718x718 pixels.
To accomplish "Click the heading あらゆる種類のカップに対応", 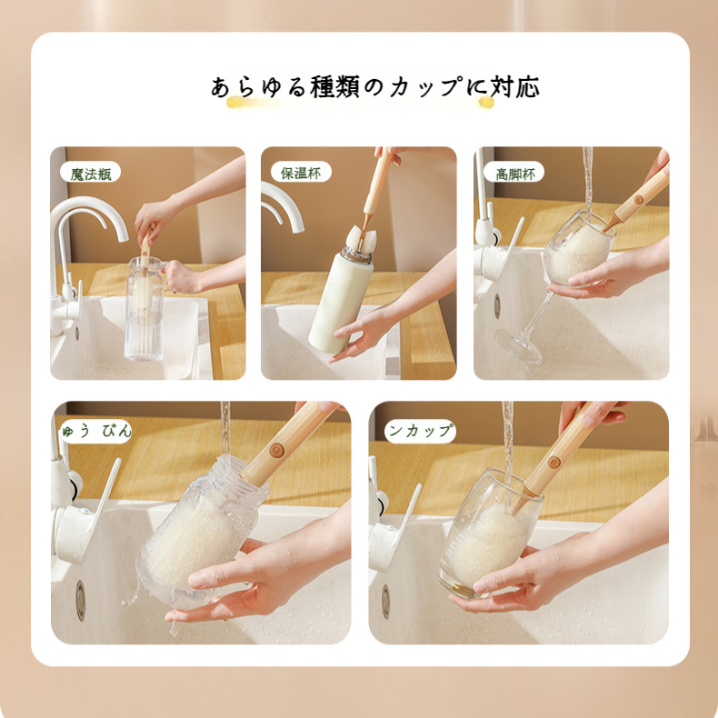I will tap(374, 87).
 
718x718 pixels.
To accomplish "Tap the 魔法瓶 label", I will tap(90, 173).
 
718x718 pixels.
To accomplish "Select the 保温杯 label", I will tap(301, 173).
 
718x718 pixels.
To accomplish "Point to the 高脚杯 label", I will tap(514, 173).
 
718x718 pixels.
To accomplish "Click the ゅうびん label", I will tap(94, 430).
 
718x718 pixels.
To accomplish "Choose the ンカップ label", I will tap(420, 431).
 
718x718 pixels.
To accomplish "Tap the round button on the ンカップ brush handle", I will tap(553, 462).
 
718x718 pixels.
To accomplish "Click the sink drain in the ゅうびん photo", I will tap(80, 599).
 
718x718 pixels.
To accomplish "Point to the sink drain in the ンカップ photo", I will tap(385, 601).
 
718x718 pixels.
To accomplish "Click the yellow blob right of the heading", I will tap(486, 103).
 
